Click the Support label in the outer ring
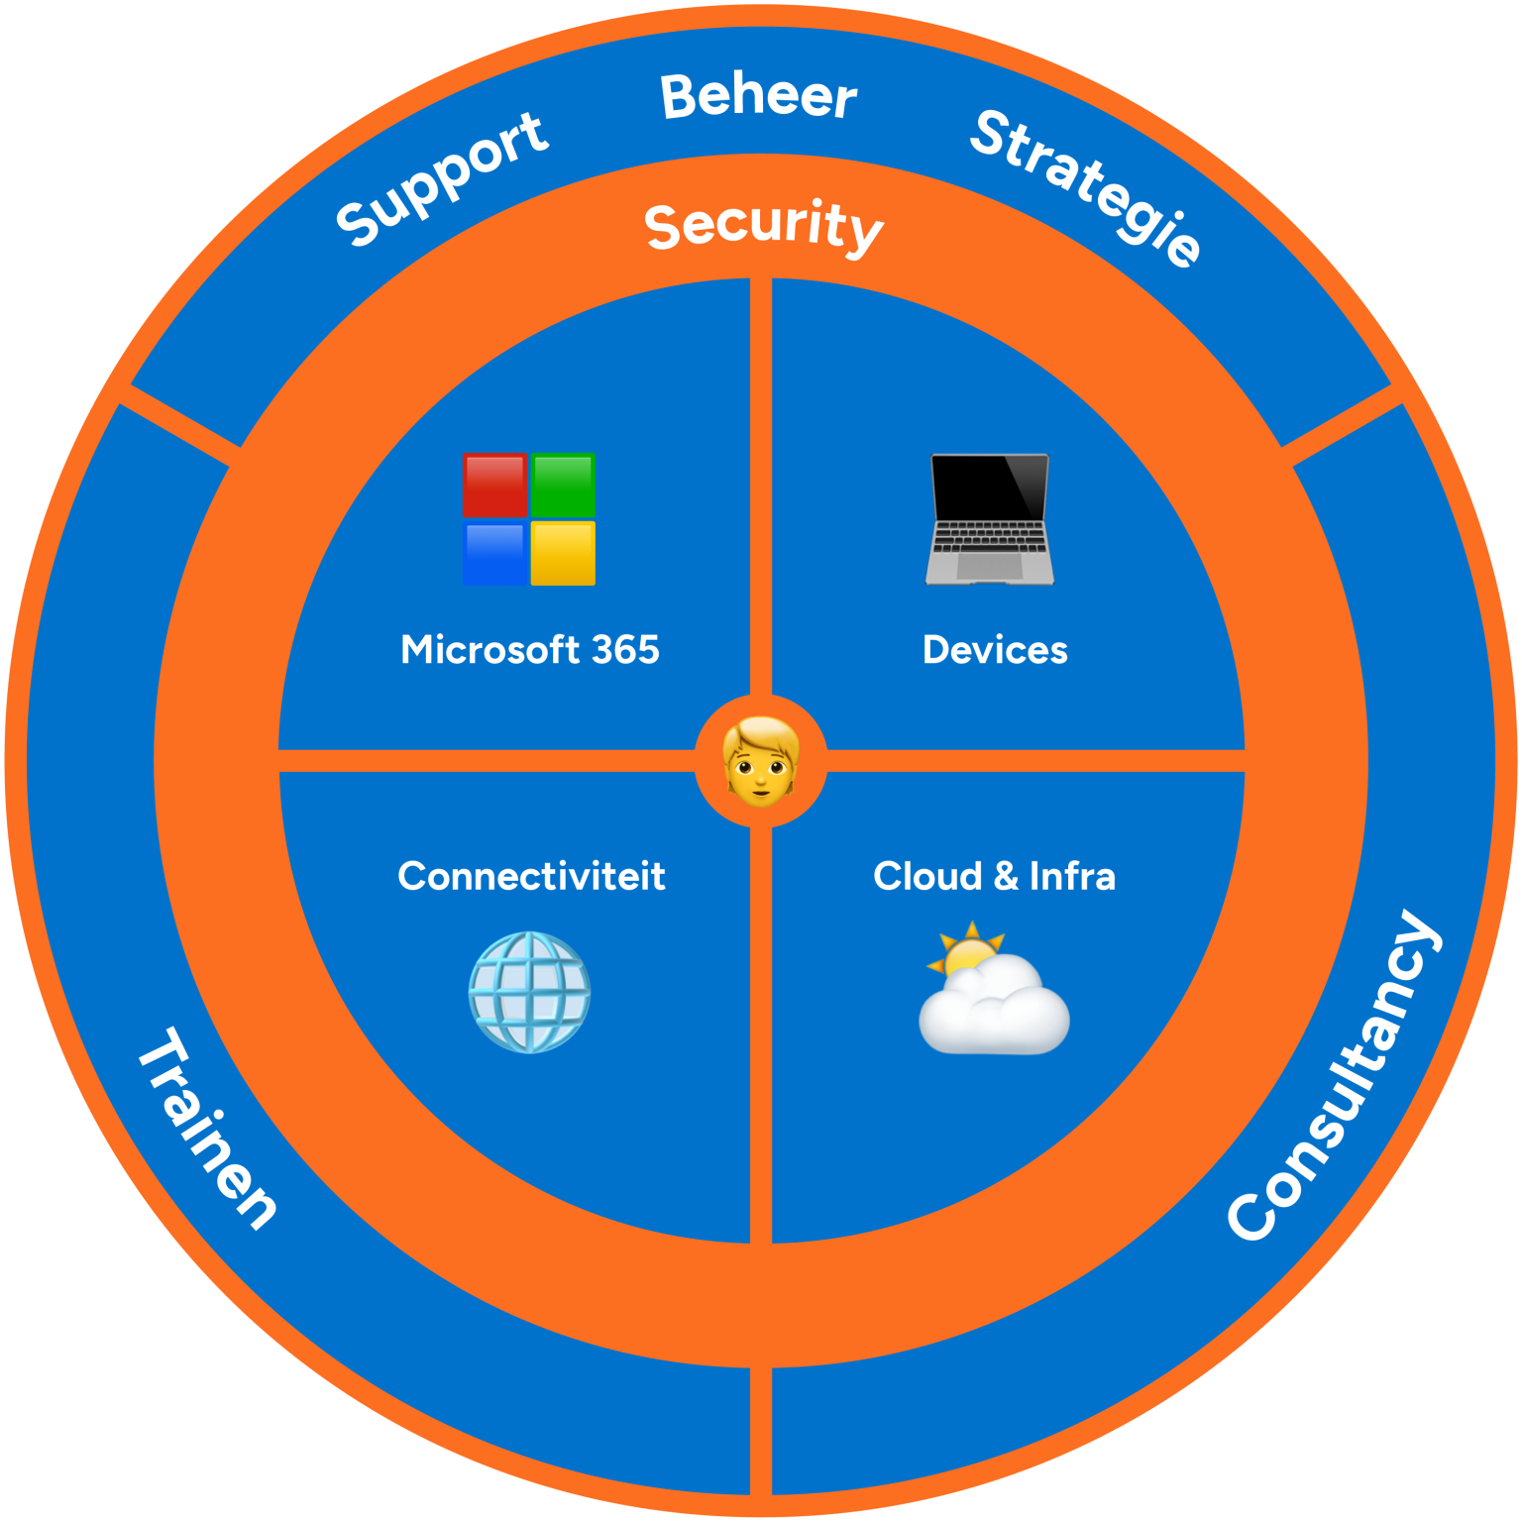click(x=442, y=179)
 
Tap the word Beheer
click(x=758, y=97)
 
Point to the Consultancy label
click(x=1334, y=1075)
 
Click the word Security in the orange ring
click(x=763, y=225)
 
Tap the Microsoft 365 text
click(x=529, y=650)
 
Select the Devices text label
click(x=995, y=650)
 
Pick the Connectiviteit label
click(x=531, y=876)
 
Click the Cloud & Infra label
click(x=994, y=876)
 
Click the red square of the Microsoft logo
click(x=494, y=486)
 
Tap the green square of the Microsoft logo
click(x=563, y=485)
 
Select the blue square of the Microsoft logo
click(x=494, y=553)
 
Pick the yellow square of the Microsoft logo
click(x=563, y=553)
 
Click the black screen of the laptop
click(x=989, y=488)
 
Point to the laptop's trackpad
click(x=989, y=566)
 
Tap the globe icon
click(x=529, y=992)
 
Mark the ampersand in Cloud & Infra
click(x=1005, y=876)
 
